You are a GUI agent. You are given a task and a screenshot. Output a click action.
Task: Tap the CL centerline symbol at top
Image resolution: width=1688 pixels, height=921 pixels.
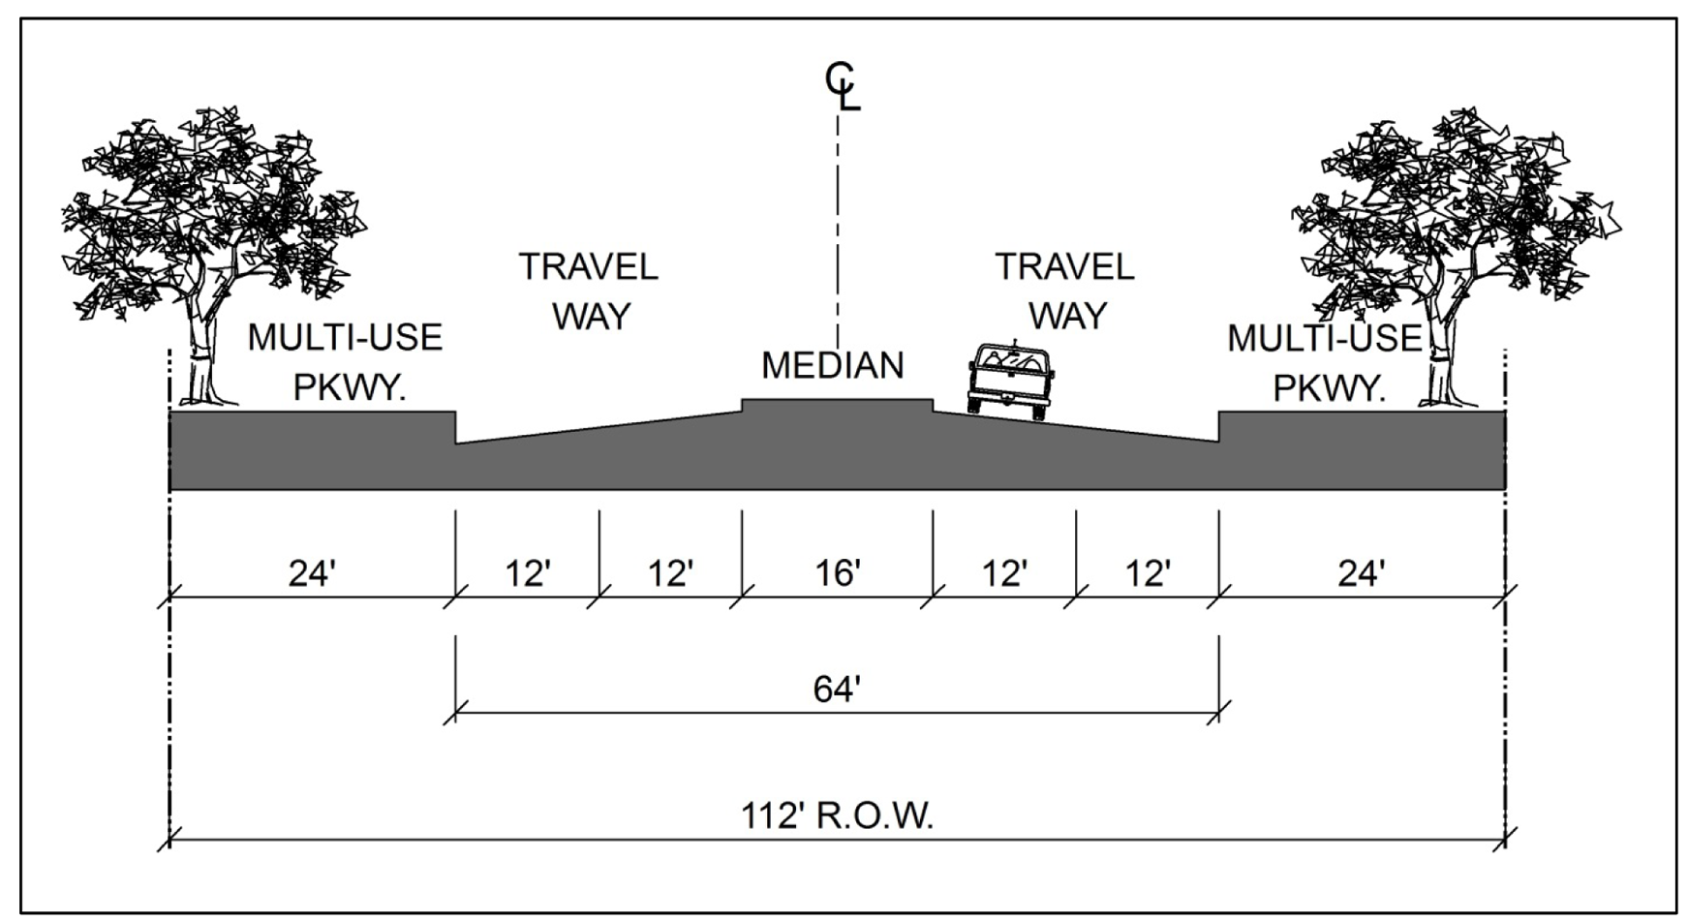coord(842,85)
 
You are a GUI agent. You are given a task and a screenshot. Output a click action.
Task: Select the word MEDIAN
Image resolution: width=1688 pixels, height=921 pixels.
coord(833,365)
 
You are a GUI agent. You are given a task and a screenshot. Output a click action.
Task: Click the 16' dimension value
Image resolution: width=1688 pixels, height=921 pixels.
coord(838,573)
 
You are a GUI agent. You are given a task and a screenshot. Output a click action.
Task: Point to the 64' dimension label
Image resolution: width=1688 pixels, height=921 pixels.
coord(837,690)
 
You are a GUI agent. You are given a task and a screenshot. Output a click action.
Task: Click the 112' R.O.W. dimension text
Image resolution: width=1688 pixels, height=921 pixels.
coord(837,815)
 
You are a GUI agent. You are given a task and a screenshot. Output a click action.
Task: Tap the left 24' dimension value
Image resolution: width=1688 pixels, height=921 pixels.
coord(311,573)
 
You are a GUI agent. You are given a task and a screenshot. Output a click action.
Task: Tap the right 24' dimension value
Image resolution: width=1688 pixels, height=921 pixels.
coord(1361,573)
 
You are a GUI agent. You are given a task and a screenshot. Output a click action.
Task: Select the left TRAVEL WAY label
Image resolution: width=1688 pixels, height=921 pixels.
coord(589,292)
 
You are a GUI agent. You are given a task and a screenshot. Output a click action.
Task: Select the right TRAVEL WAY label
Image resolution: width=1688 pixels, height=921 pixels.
coord(1065,292)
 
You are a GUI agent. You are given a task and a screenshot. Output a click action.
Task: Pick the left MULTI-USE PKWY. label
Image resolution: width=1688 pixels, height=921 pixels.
coord(346,362)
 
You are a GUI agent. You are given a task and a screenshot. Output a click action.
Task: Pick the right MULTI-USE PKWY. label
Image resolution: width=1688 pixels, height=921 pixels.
coord(1325,362)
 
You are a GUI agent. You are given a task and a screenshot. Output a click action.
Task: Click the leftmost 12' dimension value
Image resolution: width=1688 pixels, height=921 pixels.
coord(528,573)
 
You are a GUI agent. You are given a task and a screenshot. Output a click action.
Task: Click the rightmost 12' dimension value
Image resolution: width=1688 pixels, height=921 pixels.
coord(1148,573)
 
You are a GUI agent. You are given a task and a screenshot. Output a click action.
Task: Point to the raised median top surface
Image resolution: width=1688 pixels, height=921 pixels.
coord(837,399)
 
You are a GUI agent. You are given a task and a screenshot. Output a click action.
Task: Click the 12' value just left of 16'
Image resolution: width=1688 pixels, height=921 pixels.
coord(670,573)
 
